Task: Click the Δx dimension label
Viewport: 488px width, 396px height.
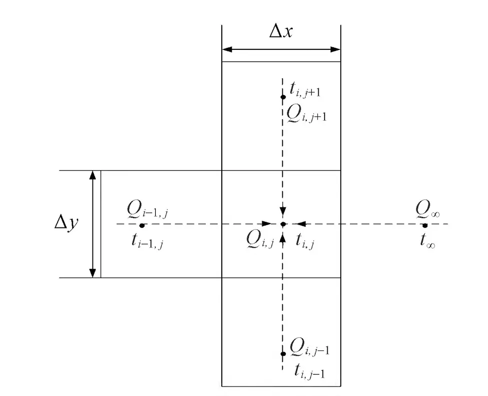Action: pyautogui.click(x=281, y=32)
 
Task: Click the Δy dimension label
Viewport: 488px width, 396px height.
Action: pyautogui.click(x=66, y=223)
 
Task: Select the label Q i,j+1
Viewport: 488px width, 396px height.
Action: pyautogui.click(x=306, y=115)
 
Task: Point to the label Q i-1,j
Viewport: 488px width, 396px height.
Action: pyautogui.click(x=147, y=211)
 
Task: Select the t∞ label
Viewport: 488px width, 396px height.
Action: pyautogui.click(x=427, y=242)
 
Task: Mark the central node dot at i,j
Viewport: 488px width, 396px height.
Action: pyautogui.click(x=283, y=224)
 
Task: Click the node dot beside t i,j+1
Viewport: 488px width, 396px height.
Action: pyautogui.click(x=283, y=96)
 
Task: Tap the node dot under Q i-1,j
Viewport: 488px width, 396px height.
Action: pyautogui.click(x=142, y=225)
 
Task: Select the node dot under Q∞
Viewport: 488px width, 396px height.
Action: pyautogui.click(x=425, y=225)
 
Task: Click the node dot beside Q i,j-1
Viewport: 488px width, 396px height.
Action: pyautogui.click(x=283, y=354)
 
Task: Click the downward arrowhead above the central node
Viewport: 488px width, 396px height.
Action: pyautogui.click(x=283, y=211)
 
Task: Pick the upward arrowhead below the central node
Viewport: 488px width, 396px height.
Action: pyautogui.click(x=283, y=238)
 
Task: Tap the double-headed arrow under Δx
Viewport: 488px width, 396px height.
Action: pyautogui.click(x=281, y=49)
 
